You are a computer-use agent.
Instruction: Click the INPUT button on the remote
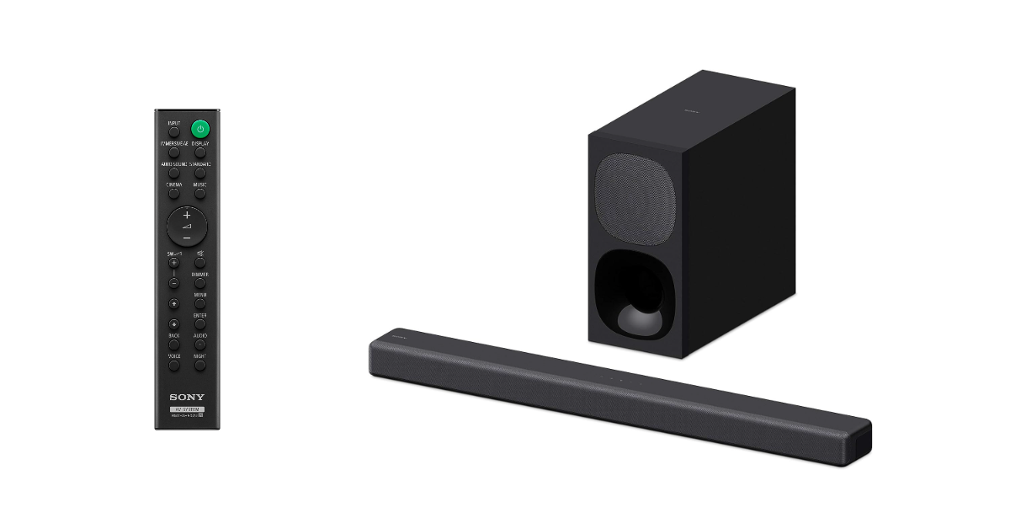tap(173, 132)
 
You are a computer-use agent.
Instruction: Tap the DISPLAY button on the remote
tap(199, 152)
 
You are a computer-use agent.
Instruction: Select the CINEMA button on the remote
tap(173, 193)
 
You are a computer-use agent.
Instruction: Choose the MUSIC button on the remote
tap(199, 193)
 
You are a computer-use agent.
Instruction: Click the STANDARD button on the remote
tap(199, 173)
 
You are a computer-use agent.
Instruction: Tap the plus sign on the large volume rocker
tap(187, 215)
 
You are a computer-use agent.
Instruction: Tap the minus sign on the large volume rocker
tap(187, 239)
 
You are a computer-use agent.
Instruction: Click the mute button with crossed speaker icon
tap(199, 262)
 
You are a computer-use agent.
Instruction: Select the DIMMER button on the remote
tap(199, 283)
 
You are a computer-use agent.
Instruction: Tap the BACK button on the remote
tap(173, 345)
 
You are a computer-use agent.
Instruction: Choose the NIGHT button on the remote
tap(199, 365)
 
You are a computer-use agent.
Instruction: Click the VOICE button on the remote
tap(173, 365)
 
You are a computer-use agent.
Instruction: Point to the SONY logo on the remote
tap(186, 397)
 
